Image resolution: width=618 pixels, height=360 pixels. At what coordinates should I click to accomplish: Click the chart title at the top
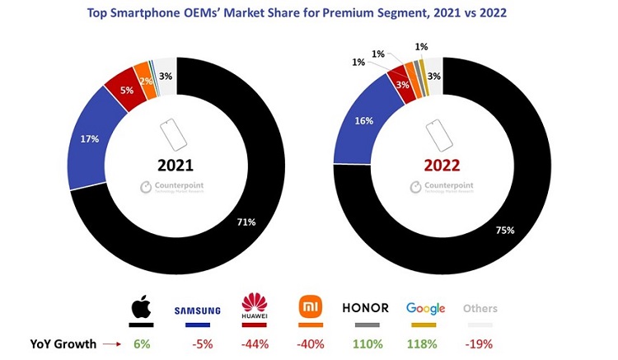pyautogui.click(x=309, y=12)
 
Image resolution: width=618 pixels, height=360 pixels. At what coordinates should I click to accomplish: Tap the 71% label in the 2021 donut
pyautogui.click(x=246, y=222)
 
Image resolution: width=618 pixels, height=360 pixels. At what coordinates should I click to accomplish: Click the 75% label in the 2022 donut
pyautogui.click(x=504, y=231)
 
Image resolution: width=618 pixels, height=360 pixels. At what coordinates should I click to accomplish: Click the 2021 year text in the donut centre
pyautogui.click(x=177, y=164)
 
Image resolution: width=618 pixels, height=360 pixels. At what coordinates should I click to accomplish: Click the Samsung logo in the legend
pyautogui.click(x=197, y=311)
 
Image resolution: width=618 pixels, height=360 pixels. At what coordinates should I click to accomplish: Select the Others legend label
pyautogui.click(x=480, y=309)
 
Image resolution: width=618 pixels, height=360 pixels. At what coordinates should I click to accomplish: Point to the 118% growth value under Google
pyautogui.click(x=425, y=344)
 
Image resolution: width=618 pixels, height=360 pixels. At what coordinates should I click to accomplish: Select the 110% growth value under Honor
pyautogui.click(x=365, y=344)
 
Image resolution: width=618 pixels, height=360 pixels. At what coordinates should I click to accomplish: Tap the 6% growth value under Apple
pyautogui.click(x=141, y=344)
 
